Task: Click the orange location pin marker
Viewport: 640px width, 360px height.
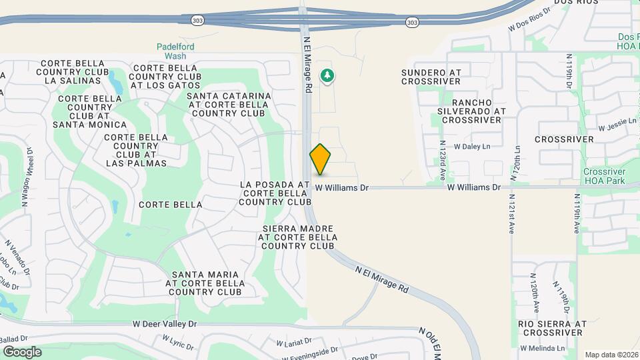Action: pyautogui.click(x=321, y=159)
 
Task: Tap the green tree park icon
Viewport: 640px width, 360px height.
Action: pyautogui.click(x=327, y=76)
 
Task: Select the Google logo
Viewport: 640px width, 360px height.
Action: pyautogui.click(x=21, y=352)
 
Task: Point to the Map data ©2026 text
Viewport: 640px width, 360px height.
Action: pyautogui.click(x=611, y=355)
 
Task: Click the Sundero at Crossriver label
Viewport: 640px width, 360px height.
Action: pyautogui.click(x=431, y=77)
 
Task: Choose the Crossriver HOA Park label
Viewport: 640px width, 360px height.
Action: pyautogui.click(x=605, y=176)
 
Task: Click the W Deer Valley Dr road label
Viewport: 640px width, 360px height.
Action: pyautogui.click(x=165, y=324)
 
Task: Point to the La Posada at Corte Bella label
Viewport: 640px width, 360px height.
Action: pyautogui.click(x=275, y=193)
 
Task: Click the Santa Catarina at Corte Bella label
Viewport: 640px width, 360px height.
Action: pyautogui.click(x=229, y=105)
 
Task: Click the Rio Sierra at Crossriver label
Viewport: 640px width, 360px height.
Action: pyautogui.click(x=552, y=328)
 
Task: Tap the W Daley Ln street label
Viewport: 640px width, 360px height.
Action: pyautogui.click(x=471, y=146)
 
